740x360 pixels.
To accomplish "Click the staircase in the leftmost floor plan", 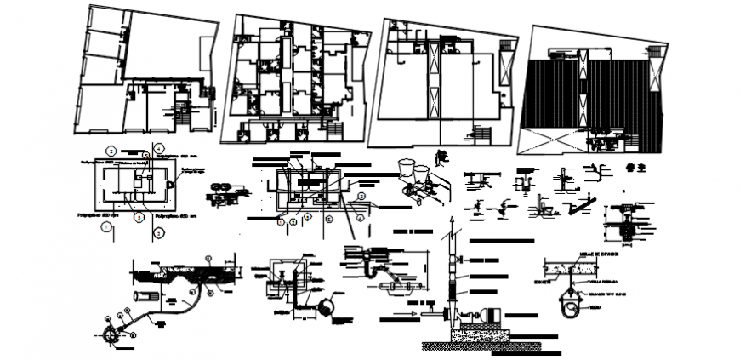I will [181, 108].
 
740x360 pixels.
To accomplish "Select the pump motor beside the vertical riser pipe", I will [489, 313].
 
